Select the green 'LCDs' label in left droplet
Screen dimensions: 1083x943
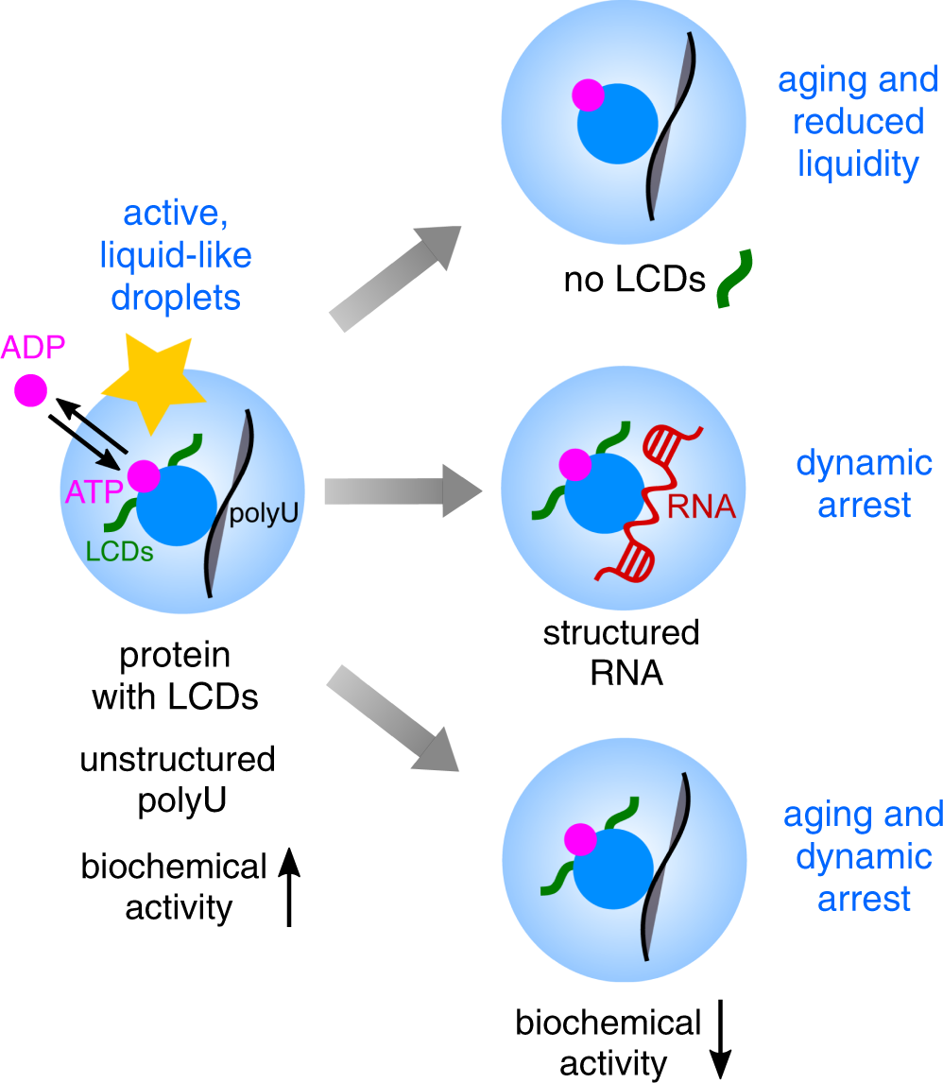click(119, 552)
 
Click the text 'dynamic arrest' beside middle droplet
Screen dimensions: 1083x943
click(864, 484)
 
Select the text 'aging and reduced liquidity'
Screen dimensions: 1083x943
click(858, 122)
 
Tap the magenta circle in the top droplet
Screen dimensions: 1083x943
click(588, 95)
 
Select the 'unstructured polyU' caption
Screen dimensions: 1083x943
click(177, 780)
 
